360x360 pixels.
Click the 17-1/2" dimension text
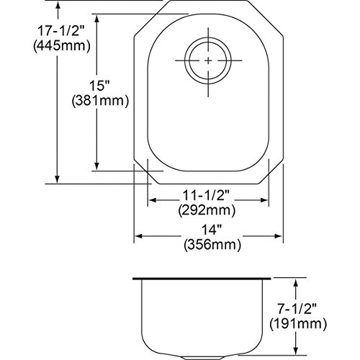click(x=61, y=31)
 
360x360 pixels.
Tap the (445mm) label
click(x=62, y=46)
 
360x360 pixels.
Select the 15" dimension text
click(x=99, y=86)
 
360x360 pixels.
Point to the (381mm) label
click(x=100, y=101)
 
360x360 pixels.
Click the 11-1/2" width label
click(x=207, y=196)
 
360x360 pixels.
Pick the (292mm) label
click(x=207, y=210)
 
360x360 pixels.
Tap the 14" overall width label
click(x=211, y=230)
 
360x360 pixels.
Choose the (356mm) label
click(x=212, y=245)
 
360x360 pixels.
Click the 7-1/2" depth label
click(x=297, y=309)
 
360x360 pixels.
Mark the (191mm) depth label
click(x=298, y=324)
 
